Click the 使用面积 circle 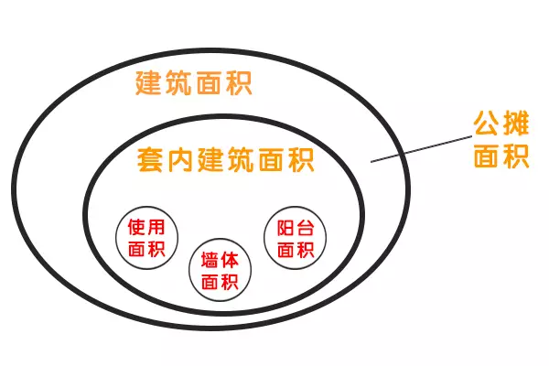[x=116, y=238]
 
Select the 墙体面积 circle [x=189, y=270]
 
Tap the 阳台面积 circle [x=264, y=238]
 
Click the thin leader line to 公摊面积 [x=422, y=149]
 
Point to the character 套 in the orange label [x=150, y=160]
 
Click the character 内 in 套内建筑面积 [x=180, y=160]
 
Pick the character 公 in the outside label [x=486, y=124]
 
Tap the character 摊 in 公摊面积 [x=515, y=124]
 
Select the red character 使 [x=136, y=227]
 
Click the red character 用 [x=156, y=227]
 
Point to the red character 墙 [x=210, y=260]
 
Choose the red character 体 [x=230, y=260]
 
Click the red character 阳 [x=285, y=228]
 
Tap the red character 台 [x=306, y=228]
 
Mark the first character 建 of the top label [x=148, y=82]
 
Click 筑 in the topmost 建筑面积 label [x=178, y=82]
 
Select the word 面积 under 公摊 [x=501, y=156]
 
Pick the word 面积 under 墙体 [x=220, y=282]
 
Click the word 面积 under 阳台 [x=296, y=250]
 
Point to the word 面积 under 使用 [x=146, y=249]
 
